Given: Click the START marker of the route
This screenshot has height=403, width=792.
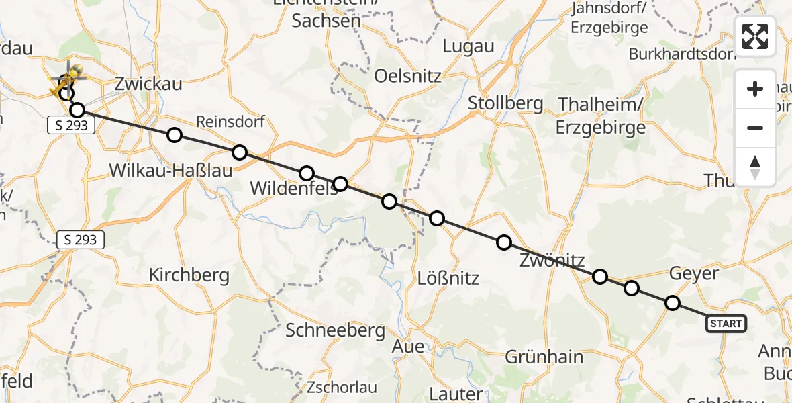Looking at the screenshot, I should (x=726, y=324).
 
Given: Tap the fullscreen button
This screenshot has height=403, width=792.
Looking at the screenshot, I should (x=755, y=36).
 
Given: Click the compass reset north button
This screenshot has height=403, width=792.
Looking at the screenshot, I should (x=755, y=167).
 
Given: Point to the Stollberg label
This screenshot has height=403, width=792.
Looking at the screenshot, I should (x=505, y=103).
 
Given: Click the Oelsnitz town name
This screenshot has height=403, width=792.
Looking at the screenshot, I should (x=408, y=75).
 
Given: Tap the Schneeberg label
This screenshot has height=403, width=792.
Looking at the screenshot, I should (x=336, y=330).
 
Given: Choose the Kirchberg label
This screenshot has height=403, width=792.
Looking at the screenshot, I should (x=189, y=275).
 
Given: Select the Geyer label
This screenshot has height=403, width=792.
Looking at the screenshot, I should (x=693, y=273).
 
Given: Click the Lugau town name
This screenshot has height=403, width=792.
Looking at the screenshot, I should (x=468, y=46).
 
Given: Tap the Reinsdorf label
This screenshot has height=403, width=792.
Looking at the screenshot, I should (x=230, y=122).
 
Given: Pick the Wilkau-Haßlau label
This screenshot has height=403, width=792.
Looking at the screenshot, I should (x=170, y=171).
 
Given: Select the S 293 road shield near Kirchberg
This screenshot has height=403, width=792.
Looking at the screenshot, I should (x=81, y=240).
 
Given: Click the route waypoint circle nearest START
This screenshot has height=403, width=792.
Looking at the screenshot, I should (x=673, y=303).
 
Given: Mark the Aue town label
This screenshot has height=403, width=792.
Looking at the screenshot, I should (x=408, y=347).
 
